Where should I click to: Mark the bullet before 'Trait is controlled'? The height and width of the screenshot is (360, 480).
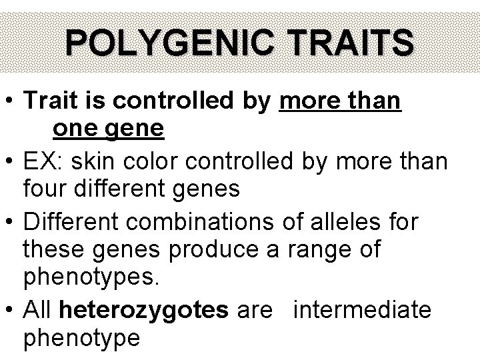pos(11,102)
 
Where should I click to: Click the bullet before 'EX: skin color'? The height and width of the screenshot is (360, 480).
pos(11,161)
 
